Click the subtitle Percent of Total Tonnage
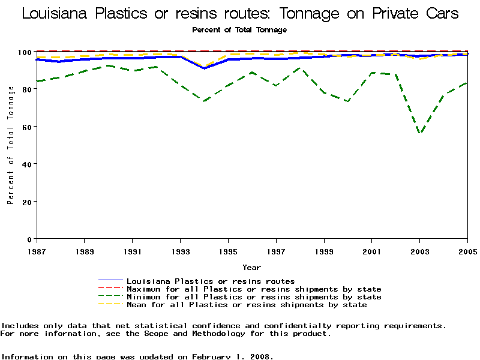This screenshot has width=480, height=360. coord(239,29)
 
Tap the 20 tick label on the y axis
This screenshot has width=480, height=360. coord(28,202)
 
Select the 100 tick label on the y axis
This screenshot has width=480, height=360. coord(26,52)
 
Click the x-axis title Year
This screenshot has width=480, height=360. coord(251,267)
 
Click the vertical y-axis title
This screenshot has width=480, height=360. coord(10,145)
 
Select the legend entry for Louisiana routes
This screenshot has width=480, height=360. coord(211,281)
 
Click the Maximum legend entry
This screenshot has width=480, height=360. coord(254,289)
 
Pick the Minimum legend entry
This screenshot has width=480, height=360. coord(254,297)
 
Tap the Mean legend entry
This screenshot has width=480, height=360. coord(247,305)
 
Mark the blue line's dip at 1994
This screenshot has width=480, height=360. coord(205,68)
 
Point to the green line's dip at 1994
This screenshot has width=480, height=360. coord(205,101)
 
